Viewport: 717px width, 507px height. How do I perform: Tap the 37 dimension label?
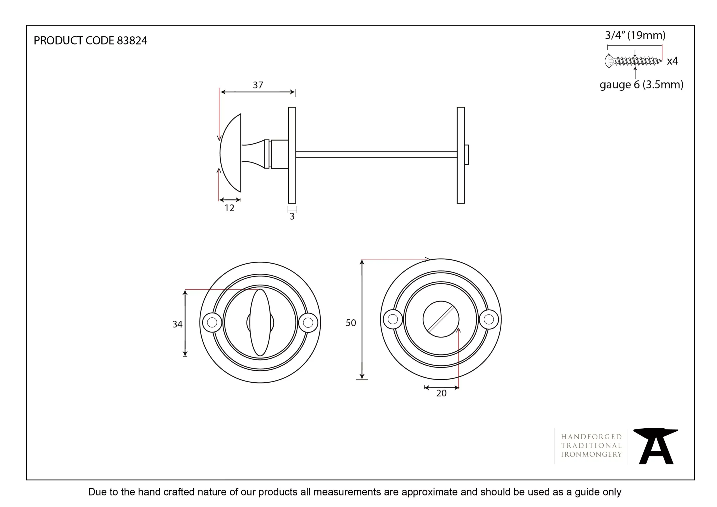tap(258, 85)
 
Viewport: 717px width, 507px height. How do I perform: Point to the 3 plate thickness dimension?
tap(292, 216)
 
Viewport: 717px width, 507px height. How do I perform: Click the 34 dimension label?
tap(177, 324)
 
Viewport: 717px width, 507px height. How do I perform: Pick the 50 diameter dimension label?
tap(351, 323)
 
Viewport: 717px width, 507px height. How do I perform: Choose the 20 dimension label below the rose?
tap(441, 393)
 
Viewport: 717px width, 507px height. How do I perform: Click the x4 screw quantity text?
tap(672, 61)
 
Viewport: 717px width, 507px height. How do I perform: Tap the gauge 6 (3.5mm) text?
tap(641, 85)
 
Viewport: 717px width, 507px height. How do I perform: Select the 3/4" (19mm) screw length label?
tap(635, 35)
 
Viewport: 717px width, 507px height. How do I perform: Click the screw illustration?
tap(633, 61)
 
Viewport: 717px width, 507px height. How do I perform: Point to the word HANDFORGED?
tap(592, 437)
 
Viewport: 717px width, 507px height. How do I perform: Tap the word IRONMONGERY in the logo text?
tap(592, 455)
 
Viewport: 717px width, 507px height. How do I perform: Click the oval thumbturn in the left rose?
tap(260, 322)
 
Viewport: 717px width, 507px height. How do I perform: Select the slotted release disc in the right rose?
tap(441, 319)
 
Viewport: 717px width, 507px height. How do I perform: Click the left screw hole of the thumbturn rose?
tap(212, 322)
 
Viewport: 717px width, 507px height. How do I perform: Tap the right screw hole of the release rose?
tap(489, 319)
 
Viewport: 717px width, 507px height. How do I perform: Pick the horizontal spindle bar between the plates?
tap(376, 155)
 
